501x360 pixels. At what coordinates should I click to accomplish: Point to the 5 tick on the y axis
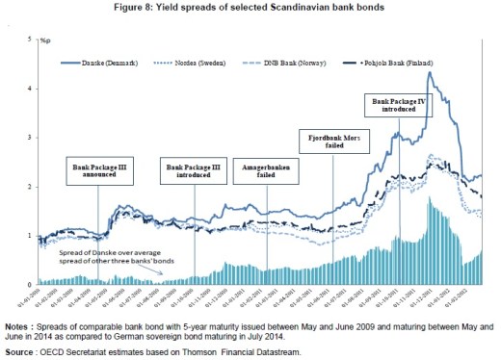pos(30,39)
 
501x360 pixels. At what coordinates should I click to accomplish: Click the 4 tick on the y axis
pos(30,89)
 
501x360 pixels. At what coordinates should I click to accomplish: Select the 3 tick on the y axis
pos(30,138)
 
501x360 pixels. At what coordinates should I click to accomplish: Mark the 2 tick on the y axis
pos(30,187)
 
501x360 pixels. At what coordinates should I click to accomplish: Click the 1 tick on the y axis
pos(30,236)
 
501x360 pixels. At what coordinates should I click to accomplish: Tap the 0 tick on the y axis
pos(30,285)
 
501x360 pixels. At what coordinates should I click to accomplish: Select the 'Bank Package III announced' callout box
pos(98,171)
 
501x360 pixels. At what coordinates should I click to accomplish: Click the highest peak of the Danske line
pos(428,72)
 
